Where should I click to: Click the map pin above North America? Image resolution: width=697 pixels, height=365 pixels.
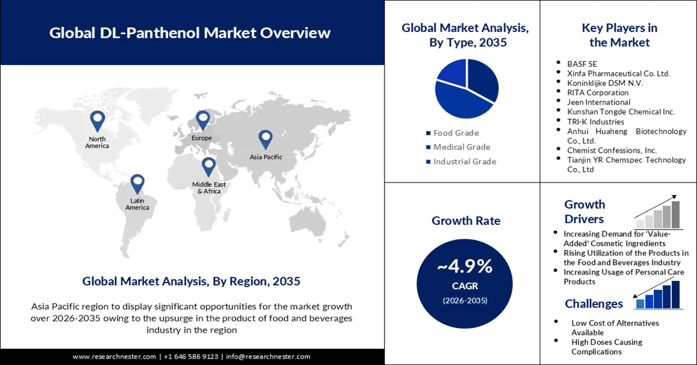[97, 120]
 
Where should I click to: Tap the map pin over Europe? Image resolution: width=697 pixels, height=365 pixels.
[202, 120]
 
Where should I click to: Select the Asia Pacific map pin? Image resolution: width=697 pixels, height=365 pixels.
[265, 138]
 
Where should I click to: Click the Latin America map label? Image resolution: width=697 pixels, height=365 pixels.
[137, 204]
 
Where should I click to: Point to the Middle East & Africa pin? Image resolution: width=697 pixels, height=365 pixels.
[209, 166]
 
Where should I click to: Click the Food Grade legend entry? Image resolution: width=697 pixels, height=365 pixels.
[456, 133]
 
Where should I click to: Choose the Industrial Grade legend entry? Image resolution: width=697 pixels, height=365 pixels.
[465, 162]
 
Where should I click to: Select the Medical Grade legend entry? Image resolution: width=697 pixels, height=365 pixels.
[462, 147]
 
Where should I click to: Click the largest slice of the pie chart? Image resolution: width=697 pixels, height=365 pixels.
[459, 102]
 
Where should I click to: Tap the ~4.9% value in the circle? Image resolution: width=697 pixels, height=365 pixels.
[465, 267]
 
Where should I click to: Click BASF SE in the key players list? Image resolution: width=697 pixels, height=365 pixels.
[582, 63]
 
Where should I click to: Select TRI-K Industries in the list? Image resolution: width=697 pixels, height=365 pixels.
[595, 121]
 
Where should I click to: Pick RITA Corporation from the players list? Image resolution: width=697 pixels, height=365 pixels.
[598, 92]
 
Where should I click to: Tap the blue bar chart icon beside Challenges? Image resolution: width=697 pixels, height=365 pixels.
[658, 294]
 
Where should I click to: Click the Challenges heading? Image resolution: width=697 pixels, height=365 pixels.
[594, 303]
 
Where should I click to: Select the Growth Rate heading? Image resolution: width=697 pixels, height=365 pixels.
[466, 221]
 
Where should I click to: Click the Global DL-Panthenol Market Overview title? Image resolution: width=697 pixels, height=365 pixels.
[190, 33]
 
